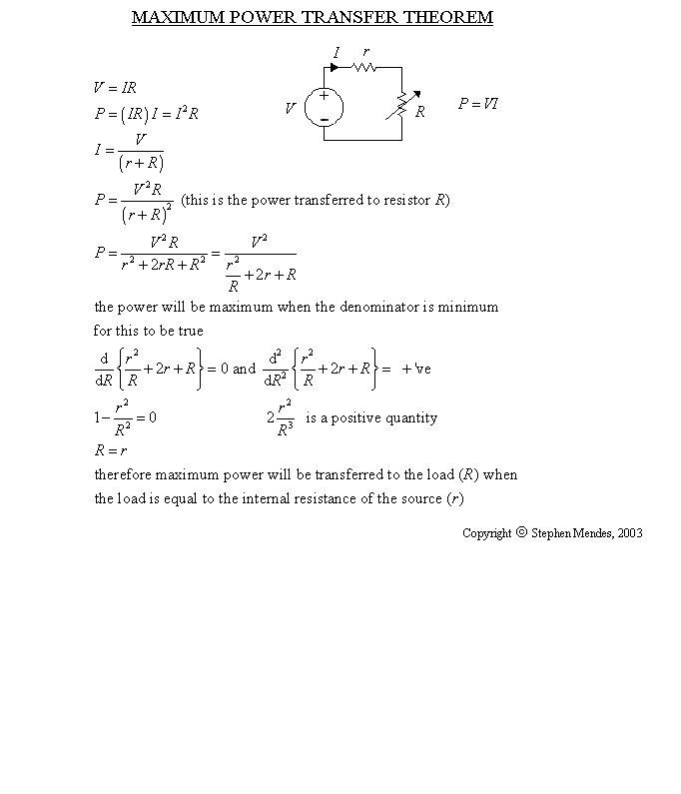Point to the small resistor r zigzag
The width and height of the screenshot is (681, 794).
[x=363, y=68]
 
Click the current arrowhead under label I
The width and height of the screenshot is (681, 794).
[x=334, y=68]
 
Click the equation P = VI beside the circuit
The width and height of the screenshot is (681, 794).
[x=477, y=104]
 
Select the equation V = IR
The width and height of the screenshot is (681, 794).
[x=114, y=88]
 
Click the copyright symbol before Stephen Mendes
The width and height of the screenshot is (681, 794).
[x=520, y=532]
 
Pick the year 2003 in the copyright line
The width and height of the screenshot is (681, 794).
[x=629, y=533]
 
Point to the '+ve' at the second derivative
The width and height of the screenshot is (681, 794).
[x=416, y=369]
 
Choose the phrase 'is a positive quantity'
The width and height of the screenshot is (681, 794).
[x=371, y=417]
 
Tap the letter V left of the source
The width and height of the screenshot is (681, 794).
[x=290, y=108]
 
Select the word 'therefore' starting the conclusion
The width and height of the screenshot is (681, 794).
[x=121, y=474]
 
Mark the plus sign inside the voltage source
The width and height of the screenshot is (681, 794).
[x=324, y=96]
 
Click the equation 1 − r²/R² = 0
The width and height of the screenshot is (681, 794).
[x=125, y=418]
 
